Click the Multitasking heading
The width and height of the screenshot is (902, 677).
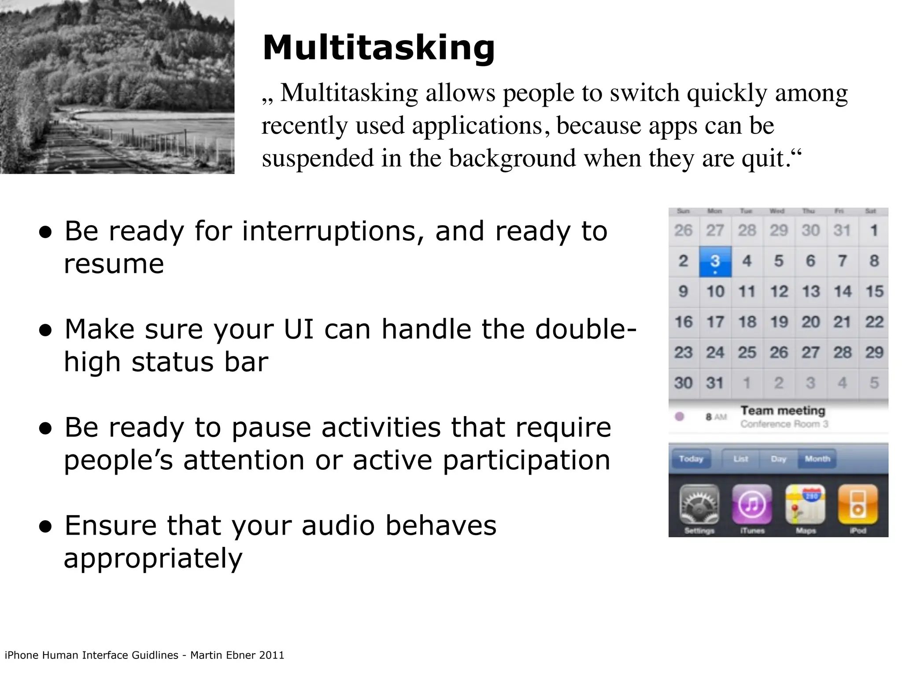[379, 48]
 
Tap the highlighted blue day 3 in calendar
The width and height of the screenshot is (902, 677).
[715, 261]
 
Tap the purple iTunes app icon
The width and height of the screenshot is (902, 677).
[752, 505]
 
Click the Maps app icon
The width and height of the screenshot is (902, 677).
[805, 505]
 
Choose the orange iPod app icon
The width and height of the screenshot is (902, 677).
[858, 505]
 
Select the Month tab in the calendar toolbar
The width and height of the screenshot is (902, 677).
[817, 459]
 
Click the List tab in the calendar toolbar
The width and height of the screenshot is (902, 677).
[740, 459]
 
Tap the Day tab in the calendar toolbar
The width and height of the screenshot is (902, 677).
[778, 459]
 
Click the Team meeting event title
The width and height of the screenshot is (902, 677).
[783, 411]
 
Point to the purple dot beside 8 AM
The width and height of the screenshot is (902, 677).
[680, 416]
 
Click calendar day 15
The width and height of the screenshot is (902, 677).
[874, 291]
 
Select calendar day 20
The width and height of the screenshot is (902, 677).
[810, 322]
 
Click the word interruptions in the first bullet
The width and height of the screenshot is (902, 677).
[333, 231]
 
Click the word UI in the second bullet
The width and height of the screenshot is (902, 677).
[299, 329]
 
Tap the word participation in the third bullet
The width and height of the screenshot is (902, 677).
[526, 460]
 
